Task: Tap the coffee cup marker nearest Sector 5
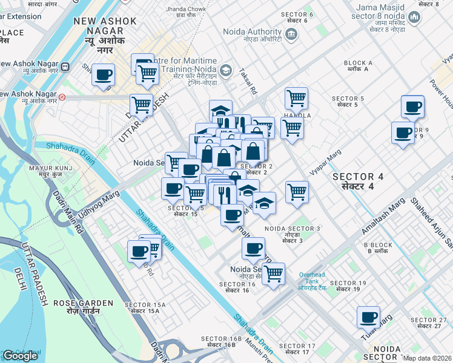(x=412, y=107)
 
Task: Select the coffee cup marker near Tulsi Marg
(x=368, y=317)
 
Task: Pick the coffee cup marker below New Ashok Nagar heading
(x=104, y=76)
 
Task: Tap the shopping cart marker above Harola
(x=296, y=98)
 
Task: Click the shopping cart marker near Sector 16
(x=273, y=273)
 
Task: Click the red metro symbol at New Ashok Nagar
(x=62, y=96)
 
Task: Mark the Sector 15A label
(x=142, y=308)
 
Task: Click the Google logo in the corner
(x=20, y=356)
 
